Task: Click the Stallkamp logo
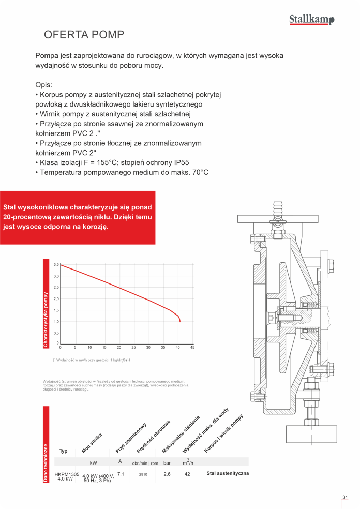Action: point(311,20)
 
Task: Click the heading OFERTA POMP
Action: point(84,35)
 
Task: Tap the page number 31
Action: point(345,498)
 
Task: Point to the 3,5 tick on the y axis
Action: point(56,264)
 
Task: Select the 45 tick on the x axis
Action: point(192,347)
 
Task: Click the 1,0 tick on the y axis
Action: point(56,321)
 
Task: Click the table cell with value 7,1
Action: point(121,473)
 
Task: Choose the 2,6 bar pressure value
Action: point(167,474)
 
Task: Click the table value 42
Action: point(188,474)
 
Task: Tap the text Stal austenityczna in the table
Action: point(228,473)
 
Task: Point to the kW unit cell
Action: point(93,462)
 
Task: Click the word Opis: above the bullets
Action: point(44,85)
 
